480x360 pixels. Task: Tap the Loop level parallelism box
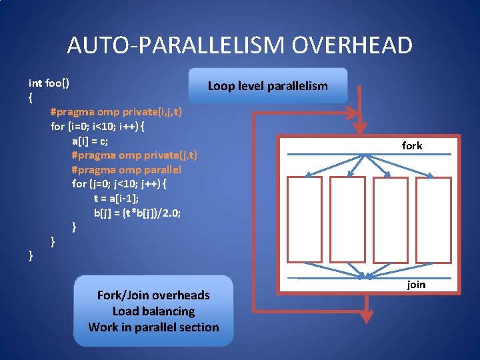point(268,85)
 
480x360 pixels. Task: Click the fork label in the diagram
point(412,145)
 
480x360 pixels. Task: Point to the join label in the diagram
point(416,285)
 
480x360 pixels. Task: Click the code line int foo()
point(50,83)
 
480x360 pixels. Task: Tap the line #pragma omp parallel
point(126,169)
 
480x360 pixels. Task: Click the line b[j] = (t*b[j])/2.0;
point(137,213)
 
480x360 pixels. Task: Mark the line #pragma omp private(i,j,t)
point(116,112)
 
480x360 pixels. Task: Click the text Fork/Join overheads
point(153,295)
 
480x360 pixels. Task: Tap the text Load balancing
point(153,311)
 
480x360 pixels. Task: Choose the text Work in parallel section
point(153,327)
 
